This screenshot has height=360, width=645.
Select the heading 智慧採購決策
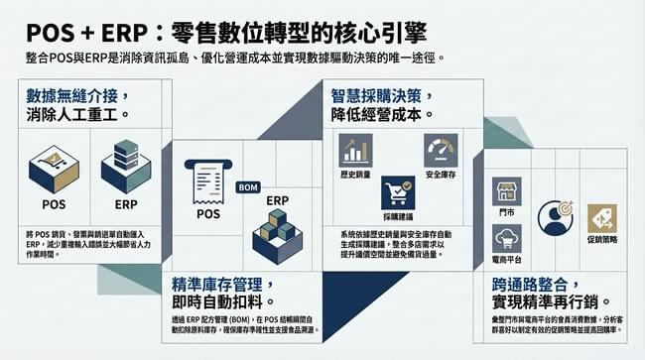(x=381, y=95)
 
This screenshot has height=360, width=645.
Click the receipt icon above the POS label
(x=208, y=181)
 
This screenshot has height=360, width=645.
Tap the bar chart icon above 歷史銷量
(x=355, y=150)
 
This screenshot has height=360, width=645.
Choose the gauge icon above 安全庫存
(x=441, y=150)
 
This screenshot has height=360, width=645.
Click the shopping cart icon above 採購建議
(x=398, y=191)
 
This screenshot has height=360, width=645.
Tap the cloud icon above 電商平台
(x=507, y=239)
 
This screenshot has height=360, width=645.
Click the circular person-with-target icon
(x=556, y=217)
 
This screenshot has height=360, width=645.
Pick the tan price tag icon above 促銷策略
(x=602, y=217)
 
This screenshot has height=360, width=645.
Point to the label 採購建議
(x=398, y=215)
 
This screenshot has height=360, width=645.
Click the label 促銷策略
(x=602, y=240)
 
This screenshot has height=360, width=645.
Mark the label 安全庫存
(x=441, y=175)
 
